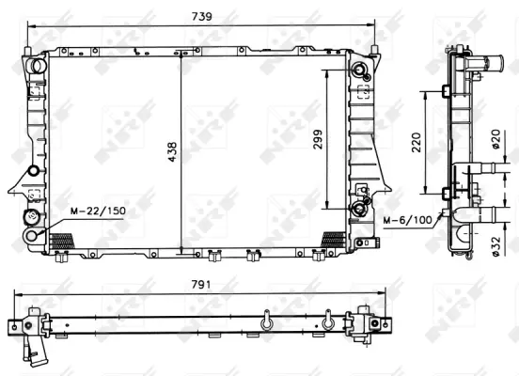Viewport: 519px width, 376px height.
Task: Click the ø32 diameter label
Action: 495,246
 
